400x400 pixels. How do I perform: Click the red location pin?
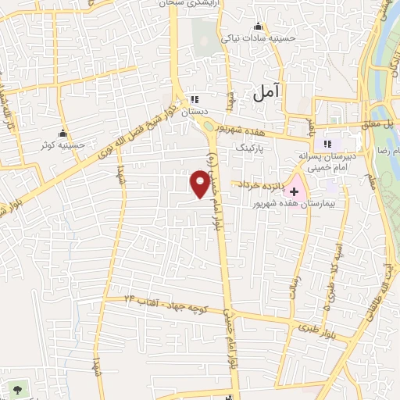[201, 184]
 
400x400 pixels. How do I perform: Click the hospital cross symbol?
[295, 191]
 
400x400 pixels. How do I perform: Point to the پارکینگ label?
[251, 146]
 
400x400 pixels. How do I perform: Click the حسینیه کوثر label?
[62, 145]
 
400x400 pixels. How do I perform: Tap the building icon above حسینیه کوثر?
[63, 133]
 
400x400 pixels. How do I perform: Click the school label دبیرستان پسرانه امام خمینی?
[327, 161]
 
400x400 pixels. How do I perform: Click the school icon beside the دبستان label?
[195, 100]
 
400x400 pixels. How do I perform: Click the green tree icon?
[17, 388]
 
